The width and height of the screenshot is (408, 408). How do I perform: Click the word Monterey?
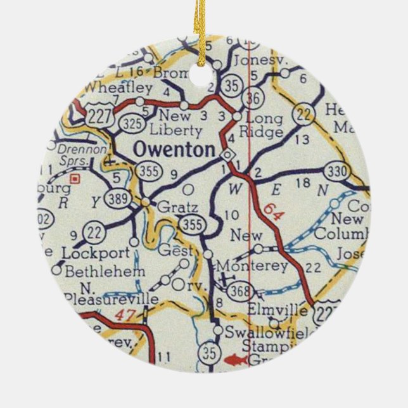click(x=252, y=267)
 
